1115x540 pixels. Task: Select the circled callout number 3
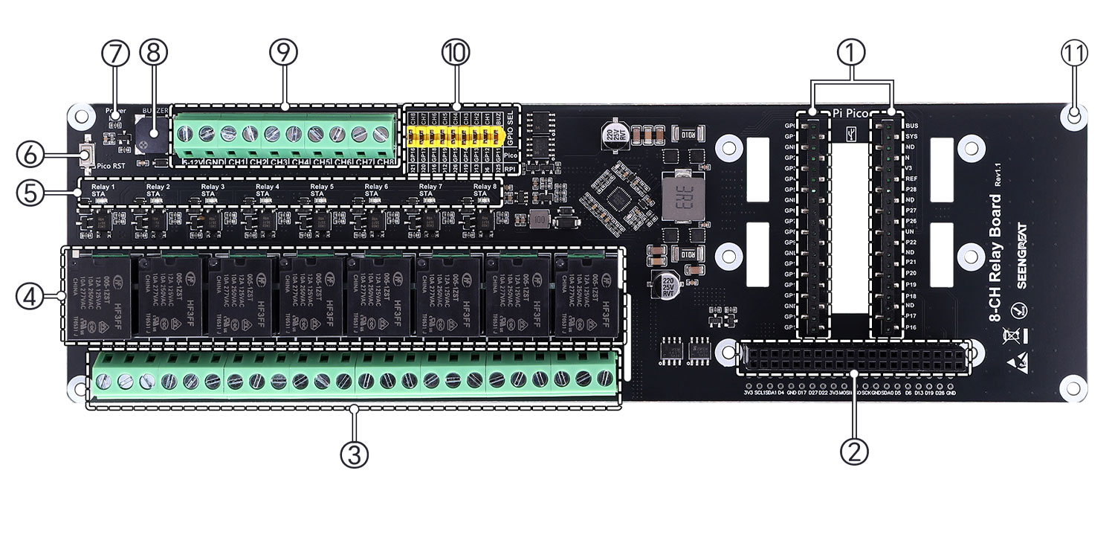point(355,454)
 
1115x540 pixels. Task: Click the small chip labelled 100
point(540,220)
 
